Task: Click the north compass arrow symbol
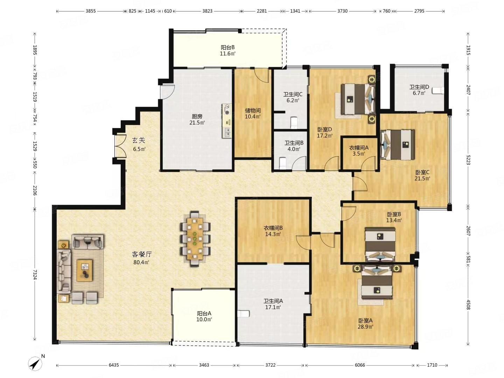pyautogui.click(x=35, y=364)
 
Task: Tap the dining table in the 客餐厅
pyautogui.click(x=195, y=238)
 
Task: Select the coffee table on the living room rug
pyautogui.click(x=85, y=270)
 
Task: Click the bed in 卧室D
pyautogui.click(x=358, y=99)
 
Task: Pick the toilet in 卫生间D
pyautogui.click(x=437, y=90)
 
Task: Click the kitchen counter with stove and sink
pyautogui.click(x=227, y=121)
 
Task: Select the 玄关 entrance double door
pyautogui.click(x=120, y=146)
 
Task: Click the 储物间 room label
pyautogui.click(x=253, y=111)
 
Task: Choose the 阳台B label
pyautogui.click(x=227, y=47)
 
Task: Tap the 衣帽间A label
pyautogui.click(x=359, y=148)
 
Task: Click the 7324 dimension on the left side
pyautogui.click(x=35, y=274)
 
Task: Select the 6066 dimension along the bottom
pyautogui.click(x=359, y=365)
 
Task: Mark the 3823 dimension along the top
pyautogui.click(x=207, y=11)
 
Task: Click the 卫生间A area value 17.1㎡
pyautogui.click(x=273, y=307)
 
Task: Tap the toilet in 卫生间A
pyautogui.click(x=244, y=314)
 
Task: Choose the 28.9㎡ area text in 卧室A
pyautogui.click(x=365, y=326)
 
